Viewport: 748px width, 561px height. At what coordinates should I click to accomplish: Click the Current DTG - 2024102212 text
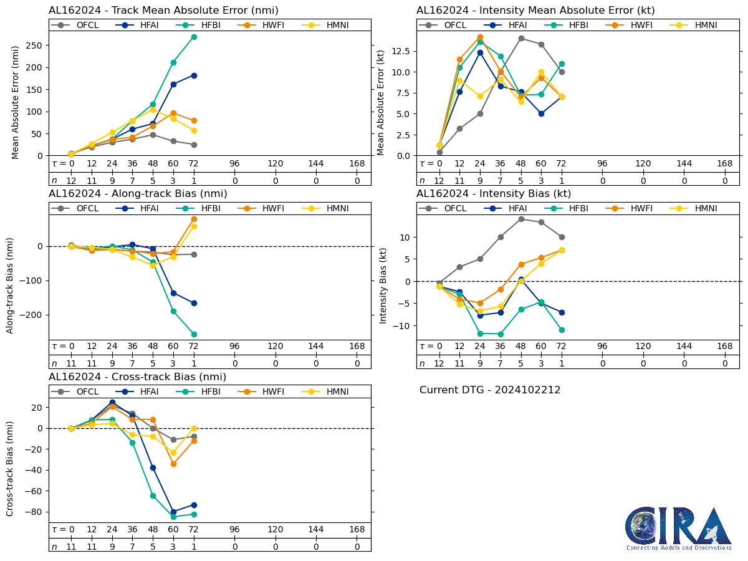490,390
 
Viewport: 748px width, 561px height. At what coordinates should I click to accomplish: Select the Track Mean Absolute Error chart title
163,11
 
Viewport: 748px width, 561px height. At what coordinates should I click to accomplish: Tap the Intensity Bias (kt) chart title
494,194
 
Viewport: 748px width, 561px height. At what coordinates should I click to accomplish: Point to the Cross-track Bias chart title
137,377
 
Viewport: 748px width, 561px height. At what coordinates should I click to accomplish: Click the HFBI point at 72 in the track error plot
194,37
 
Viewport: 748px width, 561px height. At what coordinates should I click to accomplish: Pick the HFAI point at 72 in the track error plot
194,75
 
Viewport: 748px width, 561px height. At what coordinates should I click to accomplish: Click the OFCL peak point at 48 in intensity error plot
521,38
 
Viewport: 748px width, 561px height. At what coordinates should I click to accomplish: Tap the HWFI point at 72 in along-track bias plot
194,219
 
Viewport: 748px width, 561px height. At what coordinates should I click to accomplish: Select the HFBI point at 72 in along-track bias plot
194,334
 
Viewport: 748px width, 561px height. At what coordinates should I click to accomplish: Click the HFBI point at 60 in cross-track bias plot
173,517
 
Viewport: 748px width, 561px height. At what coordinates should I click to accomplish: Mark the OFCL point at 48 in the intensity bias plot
521,219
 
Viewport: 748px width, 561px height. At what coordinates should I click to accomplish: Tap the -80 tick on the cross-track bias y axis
34,512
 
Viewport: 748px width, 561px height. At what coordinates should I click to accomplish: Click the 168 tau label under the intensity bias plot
725,347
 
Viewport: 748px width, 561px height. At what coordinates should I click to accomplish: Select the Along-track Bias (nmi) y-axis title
11,285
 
